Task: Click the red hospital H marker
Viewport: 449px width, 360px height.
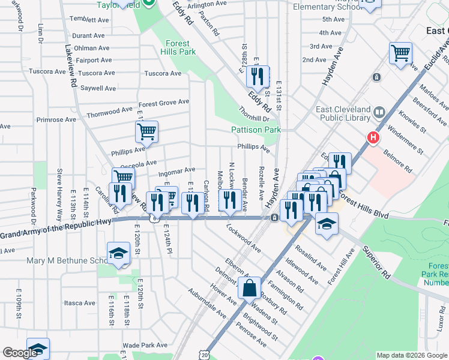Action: [373, 138]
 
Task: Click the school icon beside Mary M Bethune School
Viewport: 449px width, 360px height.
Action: [118, 254]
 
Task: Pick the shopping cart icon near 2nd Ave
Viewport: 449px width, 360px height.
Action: [400, 53]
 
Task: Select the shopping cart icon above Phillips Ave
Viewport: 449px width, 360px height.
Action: [146, 131]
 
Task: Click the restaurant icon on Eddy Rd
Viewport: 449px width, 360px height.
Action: [258, 76]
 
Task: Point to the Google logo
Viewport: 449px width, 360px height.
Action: [20, 353]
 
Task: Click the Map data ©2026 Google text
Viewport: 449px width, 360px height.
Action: [411, 355]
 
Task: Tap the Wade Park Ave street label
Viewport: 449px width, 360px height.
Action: [145, 345]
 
